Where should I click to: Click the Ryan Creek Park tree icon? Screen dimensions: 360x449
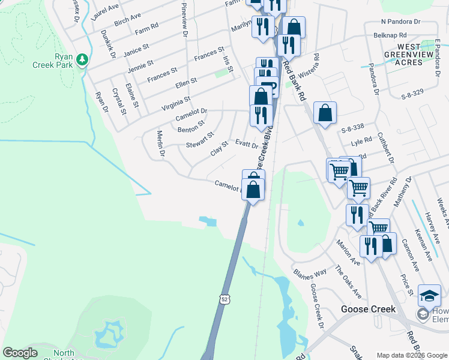[82, 60]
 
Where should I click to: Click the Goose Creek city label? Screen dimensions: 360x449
[368, 309]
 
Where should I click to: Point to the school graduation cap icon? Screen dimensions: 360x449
[429, 296]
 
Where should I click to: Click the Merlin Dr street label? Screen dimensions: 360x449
[160, 145]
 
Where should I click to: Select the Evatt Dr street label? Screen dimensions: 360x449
[247, 144]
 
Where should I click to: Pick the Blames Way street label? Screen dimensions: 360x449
[310, 274]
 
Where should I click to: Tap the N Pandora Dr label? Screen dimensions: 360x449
[397, 21]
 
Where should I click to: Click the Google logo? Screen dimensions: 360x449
[20, 353]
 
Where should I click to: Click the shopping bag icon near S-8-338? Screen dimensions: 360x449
[325, 113]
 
